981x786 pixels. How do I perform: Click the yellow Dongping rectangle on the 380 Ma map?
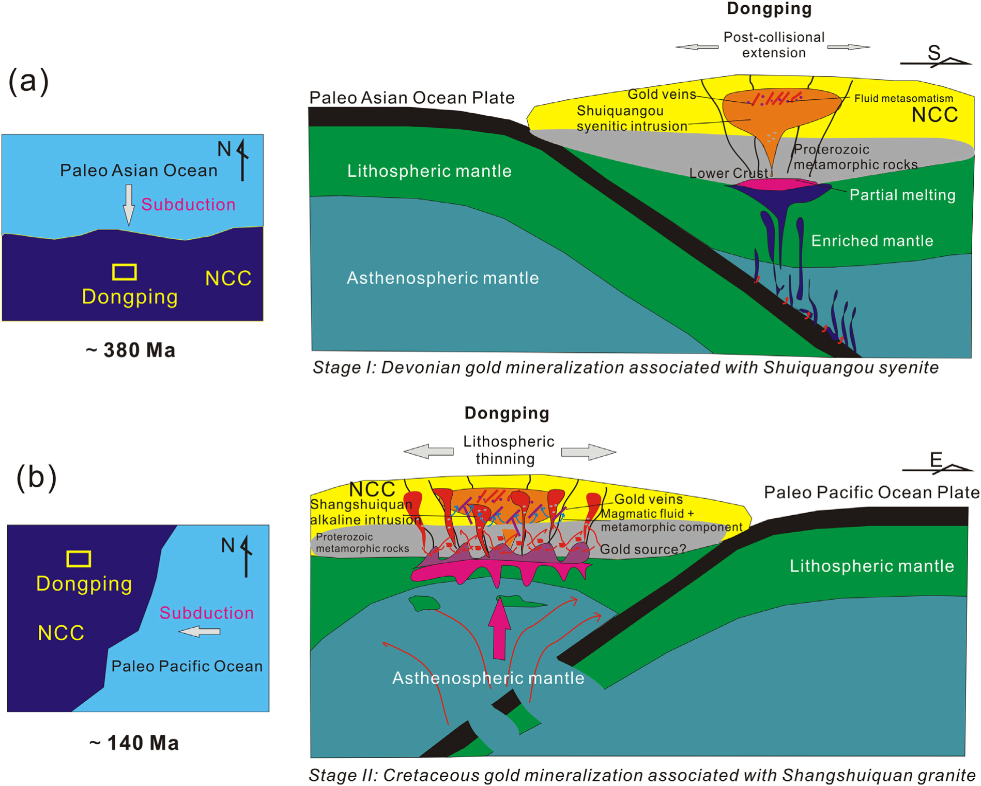[x=125, y=272]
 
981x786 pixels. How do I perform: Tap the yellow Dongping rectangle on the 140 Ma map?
[x=79, y=559]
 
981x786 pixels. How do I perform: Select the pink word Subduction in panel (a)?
[x=188, y=205]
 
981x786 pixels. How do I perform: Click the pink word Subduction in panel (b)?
[x=206, y=613]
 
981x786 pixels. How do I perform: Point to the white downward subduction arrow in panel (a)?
[x=129, y=205]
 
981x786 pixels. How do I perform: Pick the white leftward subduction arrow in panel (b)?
[x=200, y=631]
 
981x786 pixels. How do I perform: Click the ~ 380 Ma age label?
[x=131, y=350]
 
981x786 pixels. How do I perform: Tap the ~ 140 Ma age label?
[x=134, y=743]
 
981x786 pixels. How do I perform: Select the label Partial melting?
[x=902, y=195]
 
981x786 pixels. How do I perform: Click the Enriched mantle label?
[x=872, y=241]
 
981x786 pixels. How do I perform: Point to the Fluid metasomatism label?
[x=903, y=98]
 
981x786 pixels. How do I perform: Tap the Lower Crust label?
[x=728, y=173]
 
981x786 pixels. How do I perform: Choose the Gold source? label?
[x=642, y=549]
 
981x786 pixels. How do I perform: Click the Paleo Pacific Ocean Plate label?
[x=871, y=492]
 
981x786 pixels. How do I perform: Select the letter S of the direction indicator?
[x=933, y=52]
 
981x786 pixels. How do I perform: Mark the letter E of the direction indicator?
[x=936, y=459]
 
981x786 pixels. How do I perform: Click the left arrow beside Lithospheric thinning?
[x=428, y=451]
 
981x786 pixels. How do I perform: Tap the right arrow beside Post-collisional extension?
[x=848, y=47]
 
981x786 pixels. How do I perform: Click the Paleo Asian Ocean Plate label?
[x=412, y=98]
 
